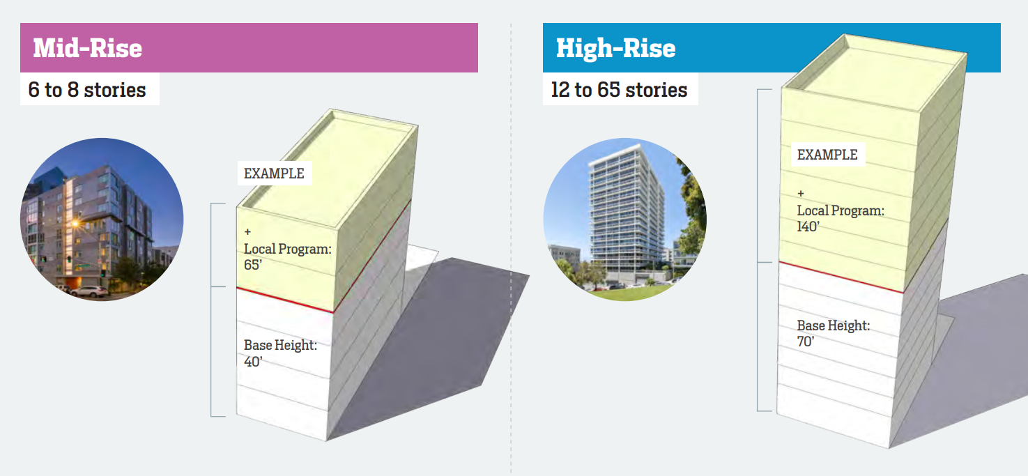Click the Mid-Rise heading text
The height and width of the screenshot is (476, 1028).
88,48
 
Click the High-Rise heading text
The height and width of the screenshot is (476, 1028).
616,48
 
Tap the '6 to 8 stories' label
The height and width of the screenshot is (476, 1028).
87,89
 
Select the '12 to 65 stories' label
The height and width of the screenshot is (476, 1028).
619,89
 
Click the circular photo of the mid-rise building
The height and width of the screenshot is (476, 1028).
102,220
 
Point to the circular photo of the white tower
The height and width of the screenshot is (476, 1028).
625,220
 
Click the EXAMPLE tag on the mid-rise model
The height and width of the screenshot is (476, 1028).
274,174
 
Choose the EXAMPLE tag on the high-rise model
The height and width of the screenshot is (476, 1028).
827,155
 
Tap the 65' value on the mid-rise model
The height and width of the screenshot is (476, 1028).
253,265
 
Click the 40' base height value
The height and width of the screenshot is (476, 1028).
253,362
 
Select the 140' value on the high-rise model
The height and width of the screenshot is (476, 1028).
808,227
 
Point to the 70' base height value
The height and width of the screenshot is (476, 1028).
806,341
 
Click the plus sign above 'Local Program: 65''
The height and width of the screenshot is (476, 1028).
248,232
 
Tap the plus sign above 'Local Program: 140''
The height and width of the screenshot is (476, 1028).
801,194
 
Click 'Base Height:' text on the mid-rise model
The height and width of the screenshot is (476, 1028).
280,345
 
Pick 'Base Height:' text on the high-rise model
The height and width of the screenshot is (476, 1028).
834,325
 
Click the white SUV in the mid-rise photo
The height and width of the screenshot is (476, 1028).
90,291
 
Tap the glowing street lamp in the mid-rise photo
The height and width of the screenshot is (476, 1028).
75,224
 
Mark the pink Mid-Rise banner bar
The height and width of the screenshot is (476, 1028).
250,47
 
